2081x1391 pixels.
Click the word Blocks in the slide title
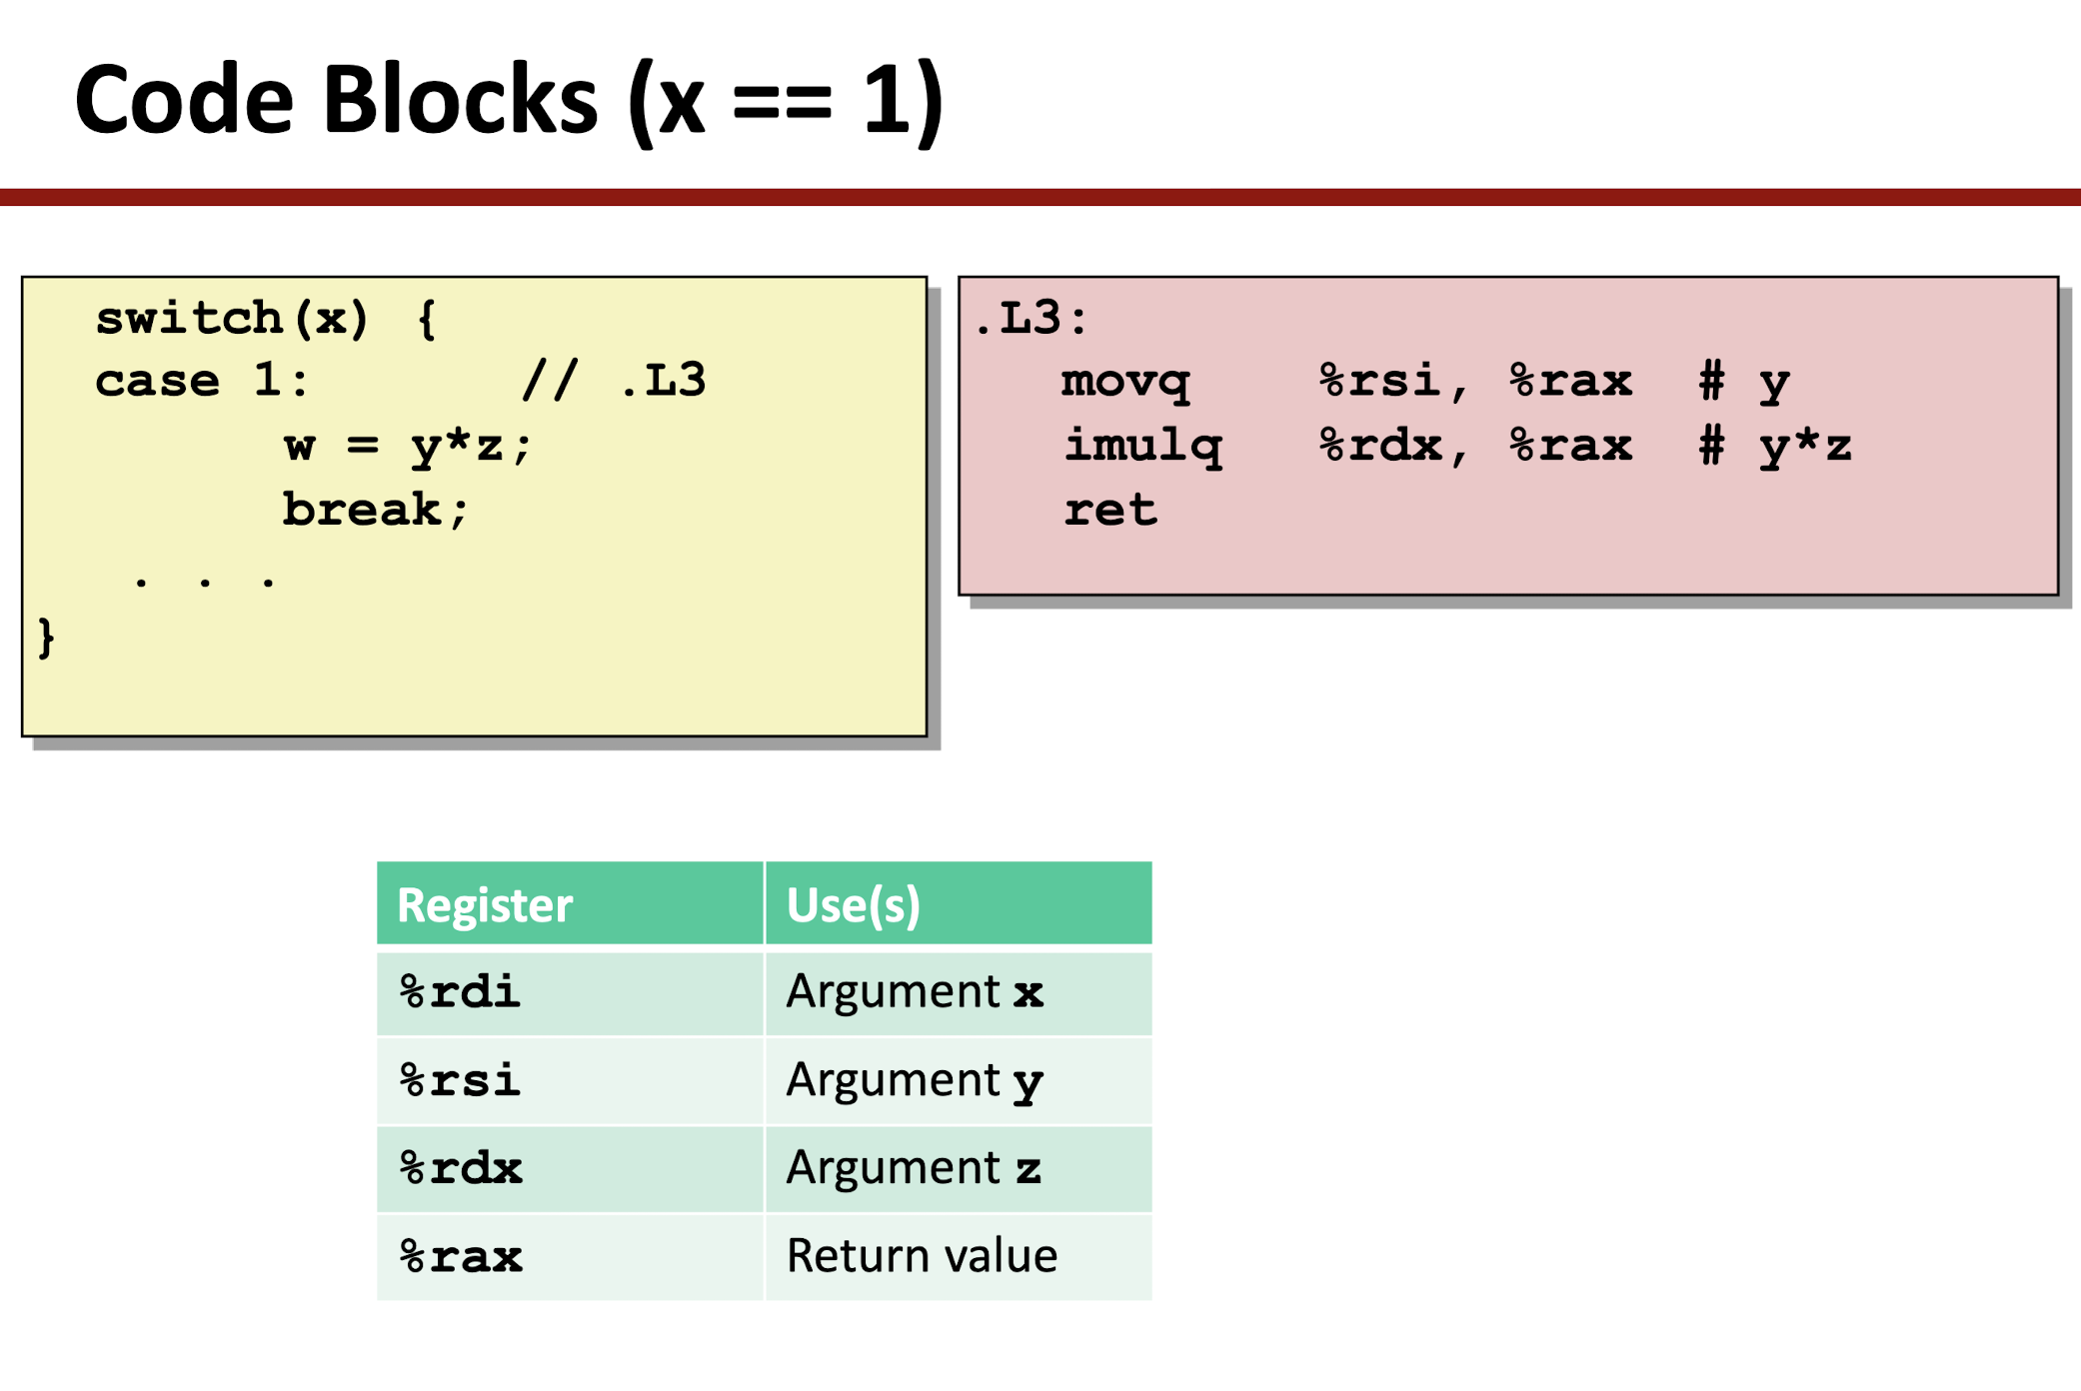click(460, 100)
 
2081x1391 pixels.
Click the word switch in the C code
click(189, 318)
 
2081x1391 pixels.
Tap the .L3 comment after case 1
click(663, 381)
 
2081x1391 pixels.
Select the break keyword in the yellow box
click(361, 509)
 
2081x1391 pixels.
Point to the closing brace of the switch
click(46, 638)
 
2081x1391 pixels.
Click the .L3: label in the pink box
click(1030, 318)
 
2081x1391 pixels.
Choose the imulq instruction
click(1142, 447)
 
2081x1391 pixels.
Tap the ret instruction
click(1109, 510)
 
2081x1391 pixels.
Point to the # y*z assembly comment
click(1775, 446)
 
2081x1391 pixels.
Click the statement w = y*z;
click(408, 445)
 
